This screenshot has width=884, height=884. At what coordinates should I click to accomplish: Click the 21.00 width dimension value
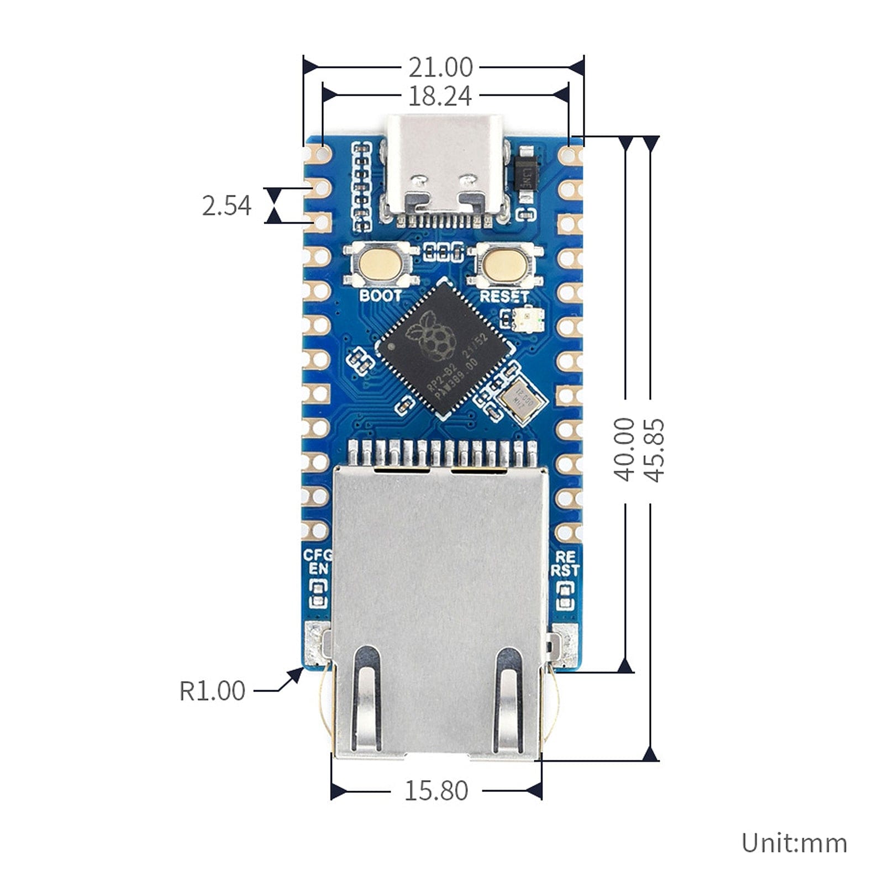(x=440, y=67)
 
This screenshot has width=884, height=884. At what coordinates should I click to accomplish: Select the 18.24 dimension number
(x=440, y=96)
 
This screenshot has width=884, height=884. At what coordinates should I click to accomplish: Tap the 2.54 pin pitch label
(x=227, y=206)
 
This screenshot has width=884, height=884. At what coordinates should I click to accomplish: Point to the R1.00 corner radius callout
(x=212, y=691)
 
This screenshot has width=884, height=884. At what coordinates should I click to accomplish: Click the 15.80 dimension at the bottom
(x=436, y=791)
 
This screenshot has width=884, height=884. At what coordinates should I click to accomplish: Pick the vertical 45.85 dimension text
(x=653, y=450)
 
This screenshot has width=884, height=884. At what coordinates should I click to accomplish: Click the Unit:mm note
(x=794, y=843)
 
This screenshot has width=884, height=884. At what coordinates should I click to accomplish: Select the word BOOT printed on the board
(x=381, y=296)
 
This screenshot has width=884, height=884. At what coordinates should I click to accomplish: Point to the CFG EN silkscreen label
(x=318, y=562)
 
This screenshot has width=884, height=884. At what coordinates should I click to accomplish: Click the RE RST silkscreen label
(x=565, y=564)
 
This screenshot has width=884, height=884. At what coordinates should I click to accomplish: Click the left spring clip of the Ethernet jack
(x=367, y=698)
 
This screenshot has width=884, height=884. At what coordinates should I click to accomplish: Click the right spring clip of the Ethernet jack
(x=509, y=698)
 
